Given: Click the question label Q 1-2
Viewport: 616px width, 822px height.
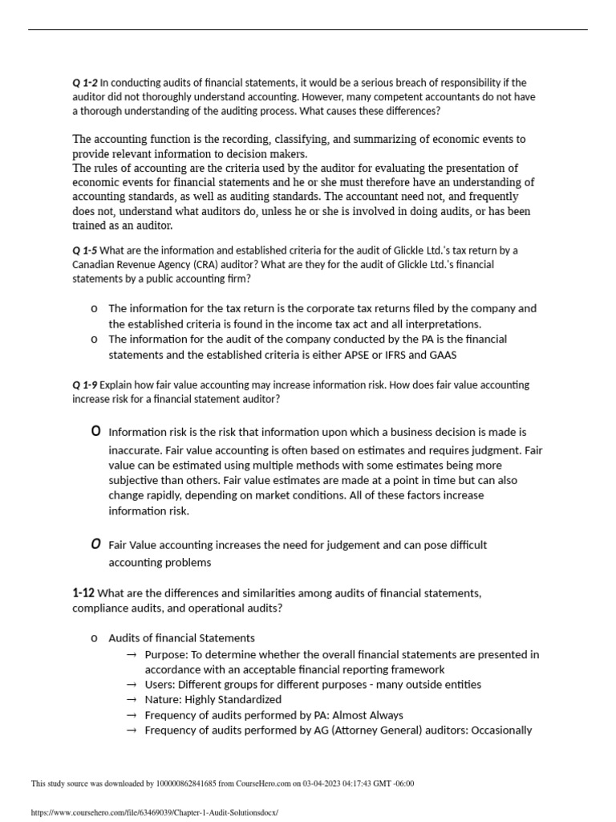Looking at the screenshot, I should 84,83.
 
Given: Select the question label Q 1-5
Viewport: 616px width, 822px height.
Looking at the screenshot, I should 84,249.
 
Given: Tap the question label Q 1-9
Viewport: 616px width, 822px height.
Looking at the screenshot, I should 84,385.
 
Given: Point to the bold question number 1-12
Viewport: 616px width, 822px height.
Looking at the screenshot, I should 83,593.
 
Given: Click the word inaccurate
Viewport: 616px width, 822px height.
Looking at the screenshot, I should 137,450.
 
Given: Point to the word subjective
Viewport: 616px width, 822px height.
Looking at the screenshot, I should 136,481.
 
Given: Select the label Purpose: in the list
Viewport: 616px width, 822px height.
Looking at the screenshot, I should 168,654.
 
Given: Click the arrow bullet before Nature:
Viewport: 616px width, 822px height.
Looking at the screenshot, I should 132,700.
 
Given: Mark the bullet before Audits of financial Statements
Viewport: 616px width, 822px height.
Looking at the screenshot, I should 95,638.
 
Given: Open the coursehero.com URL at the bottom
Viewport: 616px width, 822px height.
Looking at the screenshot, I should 153,812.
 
